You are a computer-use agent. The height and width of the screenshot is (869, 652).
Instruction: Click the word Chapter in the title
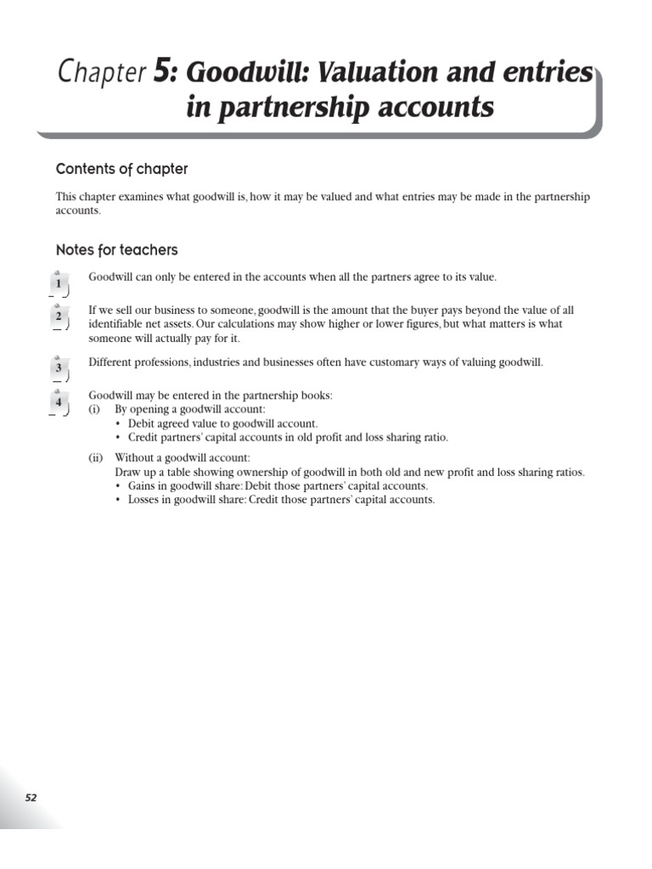(102, 73)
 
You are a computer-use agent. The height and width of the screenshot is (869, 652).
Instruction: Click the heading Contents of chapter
(122, 169)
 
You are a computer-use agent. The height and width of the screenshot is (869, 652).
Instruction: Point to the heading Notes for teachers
(117, 250)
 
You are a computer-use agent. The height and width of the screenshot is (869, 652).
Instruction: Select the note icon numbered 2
(59, 317)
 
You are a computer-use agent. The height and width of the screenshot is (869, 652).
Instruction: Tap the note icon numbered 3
(59, 368)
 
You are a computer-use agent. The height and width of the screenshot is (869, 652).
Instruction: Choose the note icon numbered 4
(59, 402)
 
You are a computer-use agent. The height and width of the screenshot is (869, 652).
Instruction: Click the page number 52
(31, 798)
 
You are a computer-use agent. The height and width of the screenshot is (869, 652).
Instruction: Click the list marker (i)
(94, 409)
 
